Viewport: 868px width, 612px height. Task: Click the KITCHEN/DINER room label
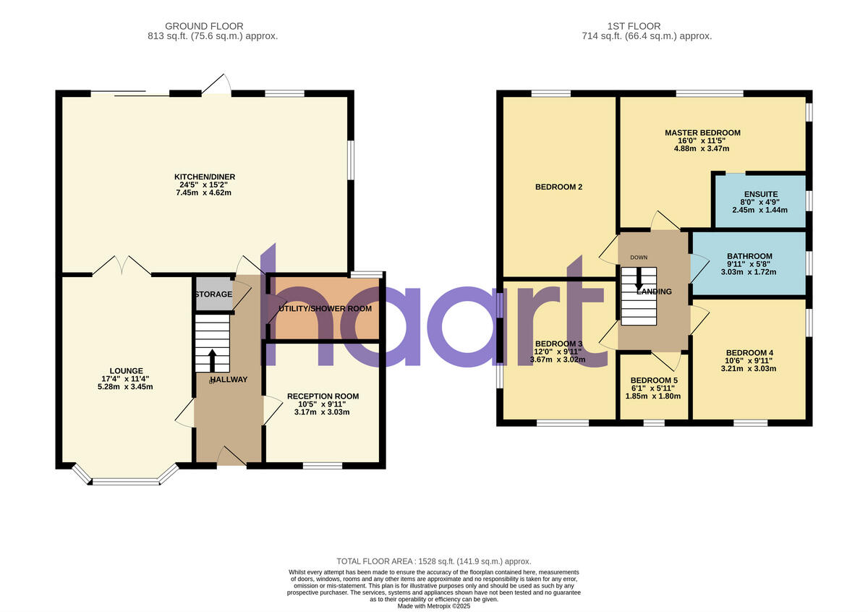[205, 177]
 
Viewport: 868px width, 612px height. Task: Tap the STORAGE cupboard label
[213, 294]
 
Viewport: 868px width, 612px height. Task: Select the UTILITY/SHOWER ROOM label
[325, 309]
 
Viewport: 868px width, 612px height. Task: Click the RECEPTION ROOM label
[323, 396]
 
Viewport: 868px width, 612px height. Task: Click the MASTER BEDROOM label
[702, 132]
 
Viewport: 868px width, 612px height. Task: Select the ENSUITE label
[761, 194]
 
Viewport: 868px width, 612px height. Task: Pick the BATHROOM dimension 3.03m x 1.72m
[749, 272]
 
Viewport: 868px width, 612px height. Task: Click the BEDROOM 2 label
[559, 187]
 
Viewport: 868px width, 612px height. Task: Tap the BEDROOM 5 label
[654, 380]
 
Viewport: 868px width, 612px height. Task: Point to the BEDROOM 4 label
[749, 352]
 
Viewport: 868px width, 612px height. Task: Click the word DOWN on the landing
[639, 258]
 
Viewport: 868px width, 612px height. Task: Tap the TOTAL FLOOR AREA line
[434, 561]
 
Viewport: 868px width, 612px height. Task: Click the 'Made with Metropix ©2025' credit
[434, 606]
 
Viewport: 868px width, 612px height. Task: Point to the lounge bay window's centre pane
[126, 480]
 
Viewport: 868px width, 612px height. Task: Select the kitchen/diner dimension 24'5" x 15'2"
[205, 185]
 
